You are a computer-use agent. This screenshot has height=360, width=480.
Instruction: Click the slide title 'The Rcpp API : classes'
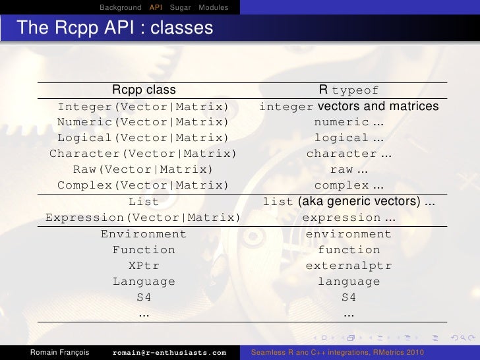115,28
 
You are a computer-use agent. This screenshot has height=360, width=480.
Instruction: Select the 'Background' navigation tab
121,7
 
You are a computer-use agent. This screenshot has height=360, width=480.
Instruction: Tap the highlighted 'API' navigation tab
156,7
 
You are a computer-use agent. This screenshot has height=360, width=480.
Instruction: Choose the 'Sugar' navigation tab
180,7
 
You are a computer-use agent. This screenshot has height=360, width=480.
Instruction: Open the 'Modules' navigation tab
214,7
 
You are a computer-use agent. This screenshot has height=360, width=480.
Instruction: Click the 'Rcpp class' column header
144,90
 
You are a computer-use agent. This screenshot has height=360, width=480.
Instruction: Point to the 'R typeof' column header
349,90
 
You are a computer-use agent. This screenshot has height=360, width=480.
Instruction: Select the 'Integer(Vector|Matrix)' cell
143,107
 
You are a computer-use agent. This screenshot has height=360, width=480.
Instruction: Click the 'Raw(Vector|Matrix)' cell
143,170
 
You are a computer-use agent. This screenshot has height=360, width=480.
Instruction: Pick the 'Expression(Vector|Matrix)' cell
143,218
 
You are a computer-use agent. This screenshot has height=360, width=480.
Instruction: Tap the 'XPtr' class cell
144,266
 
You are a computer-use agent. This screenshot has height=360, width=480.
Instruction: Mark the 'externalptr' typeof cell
349,266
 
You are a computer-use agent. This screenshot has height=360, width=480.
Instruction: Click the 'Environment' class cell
144,234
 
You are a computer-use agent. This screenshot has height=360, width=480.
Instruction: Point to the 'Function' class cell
144,250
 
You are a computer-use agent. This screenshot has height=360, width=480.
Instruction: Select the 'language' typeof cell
349,282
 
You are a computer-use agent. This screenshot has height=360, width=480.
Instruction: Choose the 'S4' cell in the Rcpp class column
144,297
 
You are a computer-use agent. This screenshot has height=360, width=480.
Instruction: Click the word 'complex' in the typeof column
342,186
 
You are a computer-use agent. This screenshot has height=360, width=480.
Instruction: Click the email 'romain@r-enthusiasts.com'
169,353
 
